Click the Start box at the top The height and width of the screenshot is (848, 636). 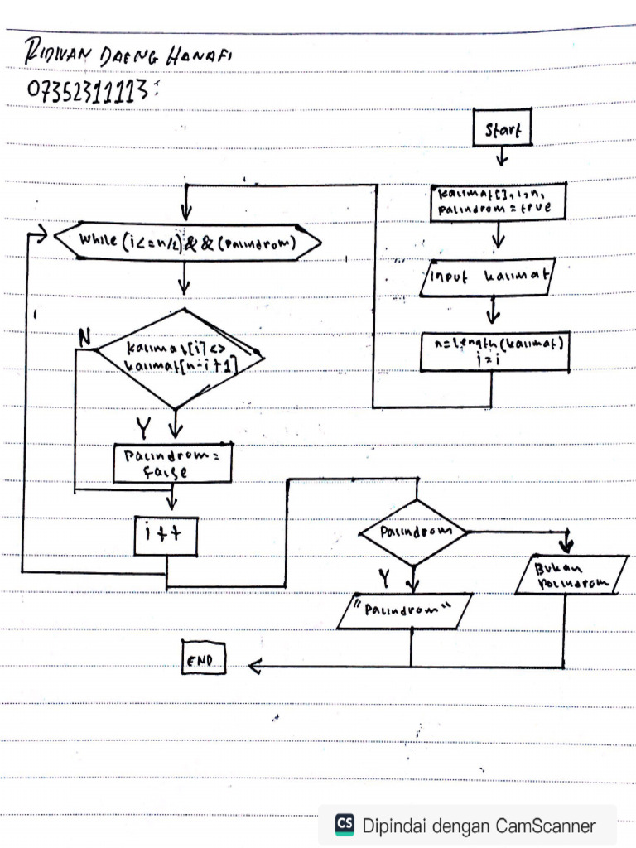[502, 129]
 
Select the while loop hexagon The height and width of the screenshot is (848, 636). [187, 241]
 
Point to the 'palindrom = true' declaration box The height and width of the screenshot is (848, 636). [498, 204]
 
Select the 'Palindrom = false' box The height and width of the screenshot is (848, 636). [171, 464]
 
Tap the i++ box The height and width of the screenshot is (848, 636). [167, 535]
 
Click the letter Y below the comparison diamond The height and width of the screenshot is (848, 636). [145, 427]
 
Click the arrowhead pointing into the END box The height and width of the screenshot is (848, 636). [255, 665]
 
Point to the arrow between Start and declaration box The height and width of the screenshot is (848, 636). [503, 157]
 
